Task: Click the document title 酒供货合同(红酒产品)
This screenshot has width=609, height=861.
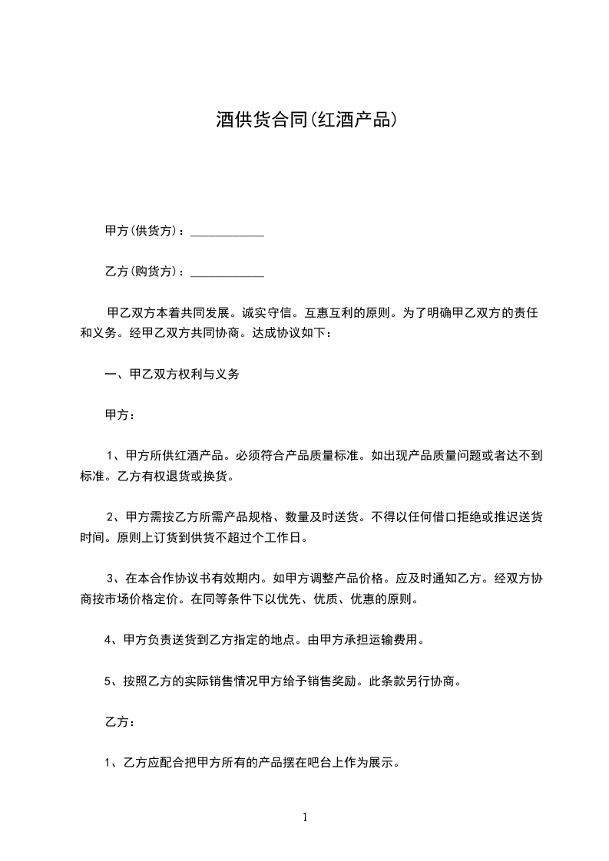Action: [x=305, y=120]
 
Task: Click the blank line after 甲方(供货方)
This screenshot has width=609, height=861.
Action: [x=227, y=232]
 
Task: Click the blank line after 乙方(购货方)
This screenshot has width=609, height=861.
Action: [x=227, y=272]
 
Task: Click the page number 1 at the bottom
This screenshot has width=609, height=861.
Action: [x=305, y=817]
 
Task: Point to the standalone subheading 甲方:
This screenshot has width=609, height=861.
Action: [x=120, y=415]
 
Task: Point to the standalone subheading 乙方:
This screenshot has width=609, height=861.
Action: [x=120, y=722]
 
